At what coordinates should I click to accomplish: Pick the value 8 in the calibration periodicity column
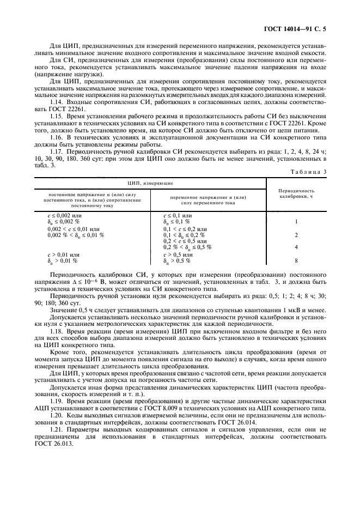(296, 260)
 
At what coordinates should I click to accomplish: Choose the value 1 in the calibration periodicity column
(296, 222)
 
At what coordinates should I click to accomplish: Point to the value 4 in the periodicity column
(296, 247)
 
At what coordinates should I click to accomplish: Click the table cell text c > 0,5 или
(178, 254)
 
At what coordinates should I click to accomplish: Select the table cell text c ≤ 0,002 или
(64, 216)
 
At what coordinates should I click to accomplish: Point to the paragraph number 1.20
(57, 416)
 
